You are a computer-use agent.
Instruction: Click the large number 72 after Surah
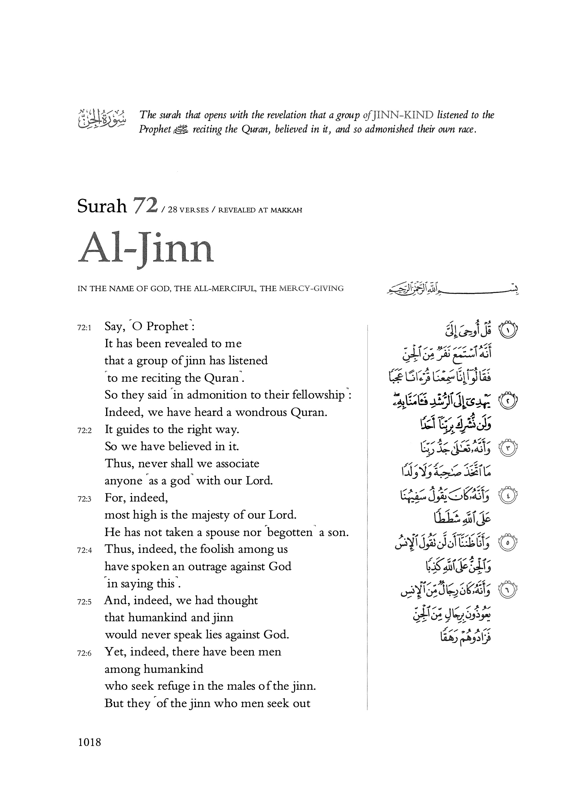pos(144,206)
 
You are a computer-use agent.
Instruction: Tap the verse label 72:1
pos(84,328)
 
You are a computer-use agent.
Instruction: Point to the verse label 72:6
pos(84,654)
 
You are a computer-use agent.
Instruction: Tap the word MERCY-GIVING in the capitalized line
pos(311,289)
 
